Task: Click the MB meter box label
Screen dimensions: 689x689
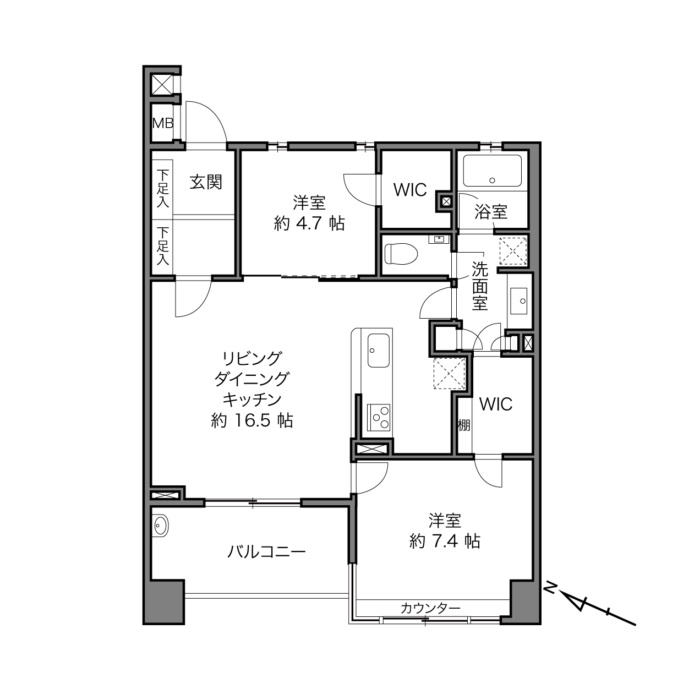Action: [x=163, y=123]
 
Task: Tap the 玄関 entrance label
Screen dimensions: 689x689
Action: [x=206, y=182]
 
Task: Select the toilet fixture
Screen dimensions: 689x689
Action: [x=401, y=254]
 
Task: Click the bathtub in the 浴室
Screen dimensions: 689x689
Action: [x=492, y=171]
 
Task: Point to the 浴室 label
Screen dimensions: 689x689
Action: [x=491, y=212]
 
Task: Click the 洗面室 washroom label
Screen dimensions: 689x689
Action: [x=479, y=286]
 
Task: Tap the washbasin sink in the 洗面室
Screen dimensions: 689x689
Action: [x=518, y=300]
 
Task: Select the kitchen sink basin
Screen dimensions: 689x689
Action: [x=379, y=351]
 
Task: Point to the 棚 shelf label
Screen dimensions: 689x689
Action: [x=464, y=425]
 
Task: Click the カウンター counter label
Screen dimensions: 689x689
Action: [x=430, y=608]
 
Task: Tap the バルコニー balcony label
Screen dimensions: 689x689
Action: [x=266, y=552]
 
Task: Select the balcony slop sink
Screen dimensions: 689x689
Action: [x=160, y=526]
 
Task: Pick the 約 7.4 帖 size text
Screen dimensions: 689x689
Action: [x=445, y=542]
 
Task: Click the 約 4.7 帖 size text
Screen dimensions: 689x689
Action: [x=309, y=224]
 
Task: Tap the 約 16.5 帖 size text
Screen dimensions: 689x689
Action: [x=252, y=421]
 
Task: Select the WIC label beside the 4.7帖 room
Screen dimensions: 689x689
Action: [x=410, y=190]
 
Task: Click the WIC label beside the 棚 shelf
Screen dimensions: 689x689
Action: [x=496, y=404]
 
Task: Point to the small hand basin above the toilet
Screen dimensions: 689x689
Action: [x=439, y=239]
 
